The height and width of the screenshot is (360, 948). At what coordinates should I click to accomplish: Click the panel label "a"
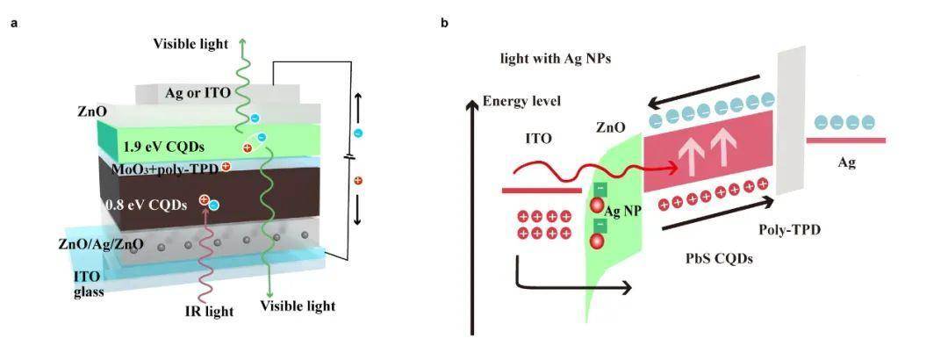[x=13, y=23]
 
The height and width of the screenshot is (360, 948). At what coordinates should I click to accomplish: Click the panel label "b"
[x=445, y=23]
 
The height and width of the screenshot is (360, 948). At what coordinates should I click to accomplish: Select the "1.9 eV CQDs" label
[x=167, y=146]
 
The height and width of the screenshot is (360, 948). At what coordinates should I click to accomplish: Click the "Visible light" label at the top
[x=190, y=44]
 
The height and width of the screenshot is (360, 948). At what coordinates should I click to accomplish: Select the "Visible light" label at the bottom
[x=298, y=306]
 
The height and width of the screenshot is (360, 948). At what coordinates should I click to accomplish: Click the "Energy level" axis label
[x=522, y=101]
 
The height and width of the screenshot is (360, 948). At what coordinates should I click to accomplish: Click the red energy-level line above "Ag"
[x=845, y=140]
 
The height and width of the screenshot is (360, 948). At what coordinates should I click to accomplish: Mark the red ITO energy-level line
[x=541, y=189]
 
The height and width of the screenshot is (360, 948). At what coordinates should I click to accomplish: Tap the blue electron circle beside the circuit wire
[x=357, y=133]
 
